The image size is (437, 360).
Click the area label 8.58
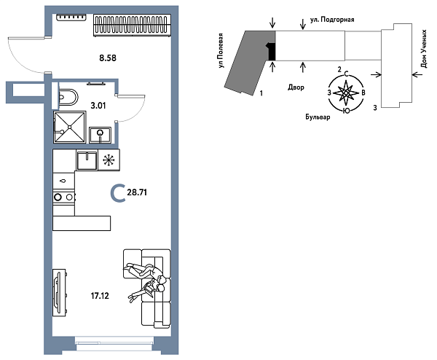[108, 58]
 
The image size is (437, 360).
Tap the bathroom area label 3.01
[98, 106]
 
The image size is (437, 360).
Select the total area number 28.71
[137, 192]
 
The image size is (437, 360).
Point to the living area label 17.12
[100, 296]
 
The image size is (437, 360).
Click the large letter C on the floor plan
[117, 193]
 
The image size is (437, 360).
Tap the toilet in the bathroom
[68, 97]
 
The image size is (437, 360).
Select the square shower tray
[70, 127]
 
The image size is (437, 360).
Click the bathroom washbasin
[100, 135]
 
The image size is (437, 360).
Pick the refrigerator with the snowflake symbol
[109, 160]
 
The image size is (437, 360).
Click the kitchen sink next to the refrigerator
[87, 160]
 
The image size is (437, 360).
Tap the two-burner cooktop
[64, 197]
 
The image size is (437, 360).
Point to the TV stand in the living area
[59, 293]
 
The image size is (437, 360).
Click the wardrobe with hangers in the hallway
[132, 25]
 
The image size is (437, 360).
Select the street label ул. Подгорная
[332, 20]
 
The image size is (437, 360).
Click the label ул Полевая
[221, 50]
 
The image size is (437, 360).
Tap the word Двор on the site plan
[296, 87]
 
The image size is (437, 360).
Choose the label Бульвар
[318, 117]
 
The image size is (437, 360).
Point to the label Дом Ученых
[424, 49]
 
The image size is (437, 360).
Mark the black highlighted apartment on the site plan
[272, 51]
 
